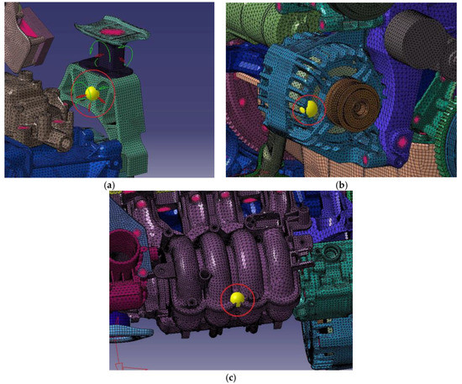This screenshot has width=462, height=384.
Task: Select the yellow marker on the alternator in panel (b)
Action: [310, 108]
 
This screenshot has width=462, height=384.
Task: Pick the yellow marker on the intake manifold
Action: [238, 297]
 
